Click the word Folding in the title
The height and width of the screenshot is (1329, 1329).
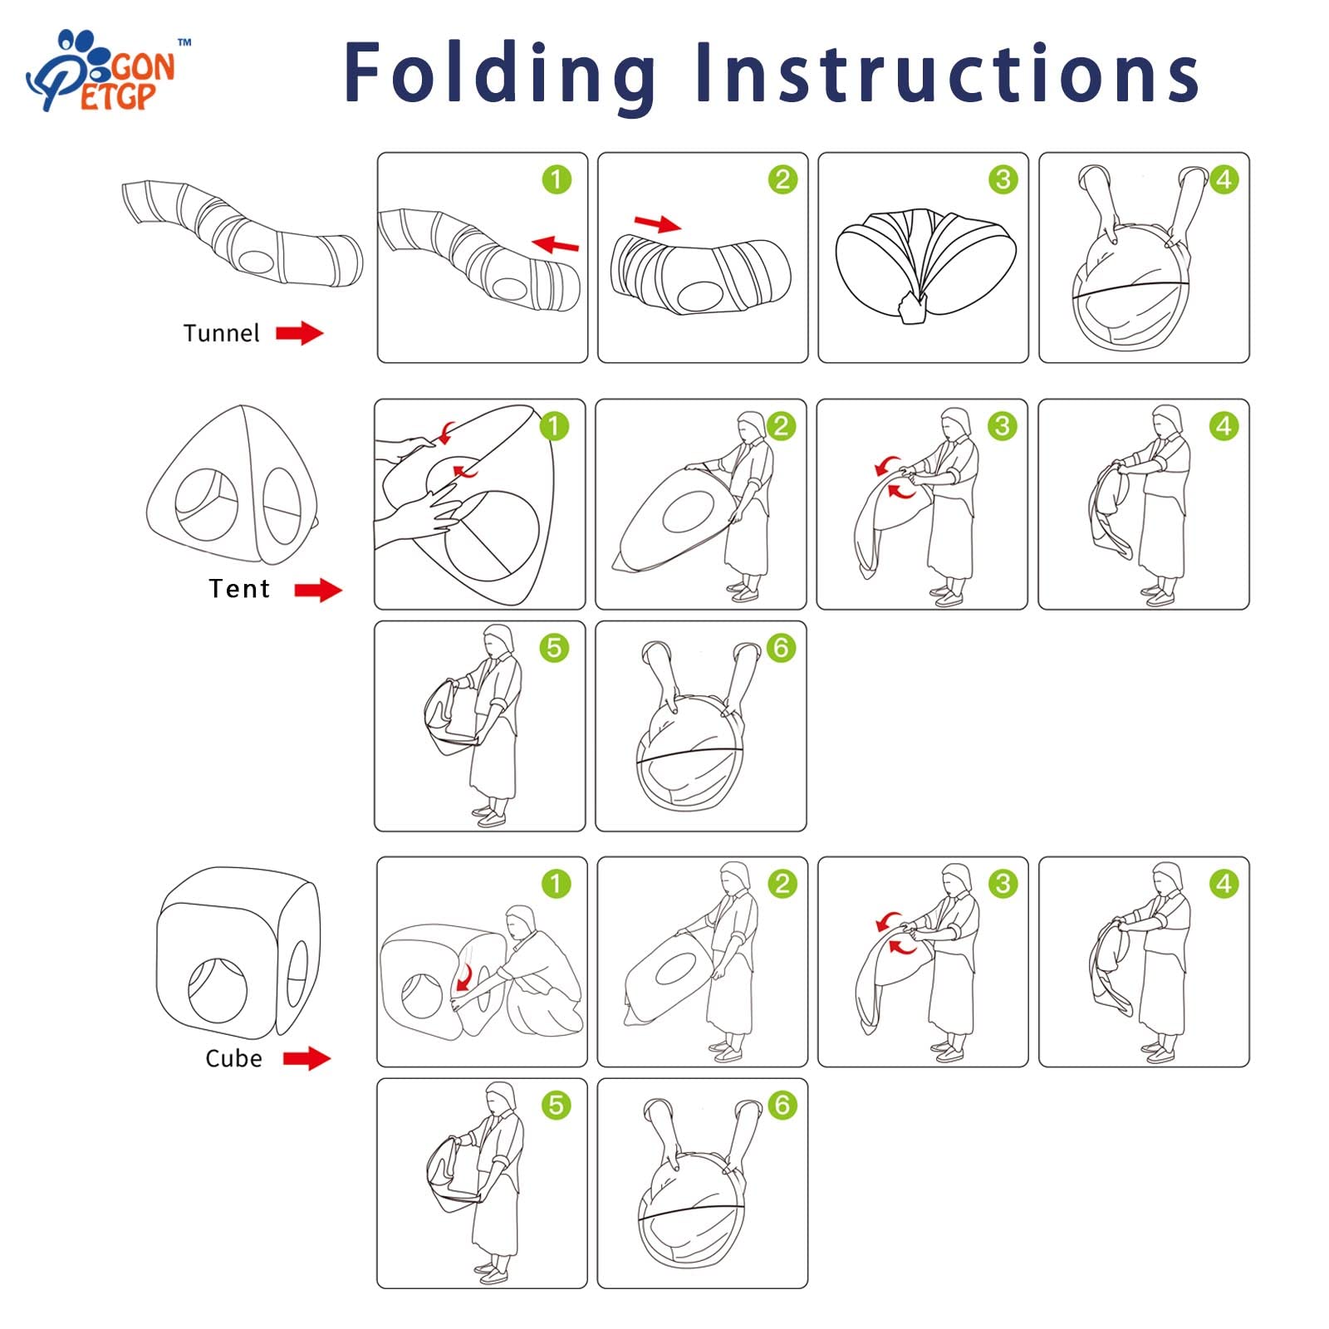click(x=500, y=75)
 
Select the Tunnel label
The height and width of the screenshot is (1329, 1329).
click(x=221, y=333)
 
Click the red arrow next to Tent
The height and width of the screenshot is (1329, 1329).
click(x=318, y=591)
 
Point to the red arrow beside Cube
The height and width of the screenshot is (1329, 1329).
click(x=307, y=1058)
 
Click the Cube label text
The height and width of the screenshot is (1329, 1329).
click(x=233, y=1058)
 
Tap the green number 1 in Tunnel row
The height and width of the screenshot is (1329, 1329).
click(x=557, y=179)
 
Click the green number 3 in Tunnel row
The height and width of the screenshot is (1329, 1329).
click(x=1003, y=179)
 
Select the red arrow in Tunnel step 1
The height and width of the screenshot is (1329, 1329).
click(x=556, y=244)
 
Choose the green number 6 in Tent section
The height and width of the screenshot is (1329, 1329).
click(x=781, y=648)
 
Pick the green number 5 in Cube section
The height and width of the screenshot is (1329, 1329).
click(x=556, y=1106)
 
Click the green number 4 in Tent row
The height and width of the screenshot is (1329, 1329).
click(x=1224, y=426)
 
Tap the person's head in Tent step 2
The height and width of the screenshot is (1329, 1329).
click(x=753, y=425)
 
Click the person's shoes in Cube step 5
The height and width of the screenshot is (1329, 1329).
click(x=493, y=1272)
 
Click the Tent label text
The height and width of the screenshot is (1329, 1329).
click(x=239, y=589)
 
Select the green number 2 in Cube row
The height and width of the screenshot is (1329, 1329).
click(x=782, y=884)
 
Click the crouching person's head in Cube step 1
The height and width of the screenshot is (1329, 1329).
click(x=522, y=923)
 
